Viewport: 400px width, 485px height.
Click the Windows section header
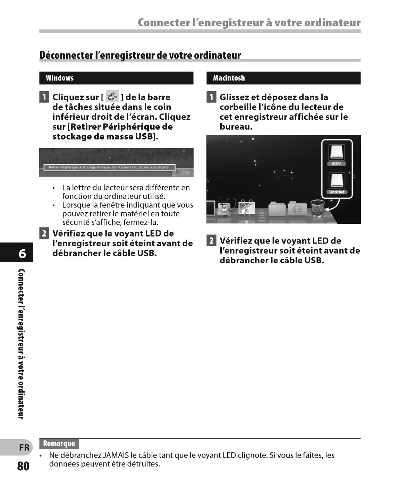[60, 78]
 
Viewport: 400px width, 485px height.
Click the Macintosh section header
[229, 78]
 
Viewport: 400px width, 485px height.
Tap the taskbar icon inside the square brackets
[112, 96]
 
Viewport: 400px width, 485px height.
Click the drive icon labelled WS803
[337, 155]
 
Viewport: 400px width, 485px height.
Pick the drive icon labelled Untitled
[337, 183]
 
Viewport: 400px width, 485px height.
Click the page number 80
[23, 466]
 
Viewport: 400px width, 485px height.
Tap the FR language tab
[24, 448]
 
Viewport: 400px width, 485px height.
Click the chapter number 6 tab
[22, 254]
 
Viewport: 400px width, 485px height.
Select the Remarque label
[59, 443]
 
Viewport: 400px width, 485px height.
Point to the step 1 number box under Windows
[44, 97]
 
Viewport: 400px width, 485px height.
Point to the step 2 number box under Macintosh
[211, 240]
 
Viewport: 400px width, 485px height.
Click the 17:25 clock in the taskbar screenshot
[185, 172]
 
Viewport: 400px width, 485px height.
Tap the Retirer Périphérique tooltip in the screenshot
[109, 167]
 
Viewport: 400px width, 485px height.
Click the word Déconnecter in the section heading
[66, 55]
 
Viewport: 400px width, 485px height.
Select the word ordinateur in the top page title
[332, 23]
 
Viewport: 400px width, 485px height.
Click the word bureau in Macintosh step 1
[235, 127]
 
